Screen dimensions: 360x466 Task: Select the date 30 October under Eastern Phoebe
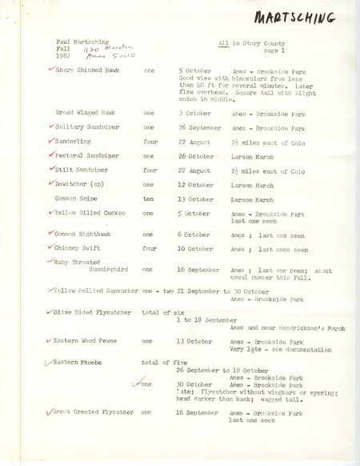195,384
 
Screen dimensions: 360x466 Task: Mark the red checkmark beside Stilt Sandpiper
50,169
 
